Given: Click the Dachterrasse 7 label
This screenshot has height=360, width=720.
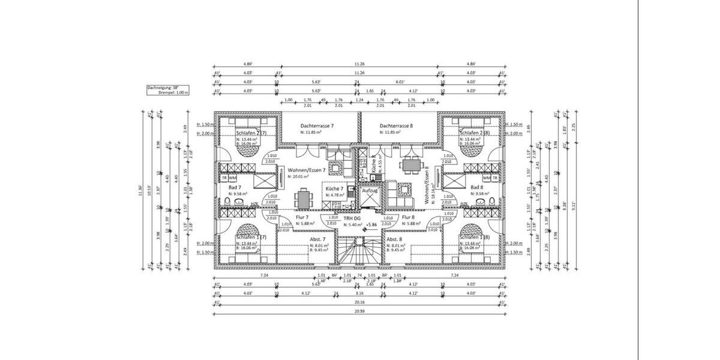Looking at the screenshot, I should pyautogui.click(x=317, y=127).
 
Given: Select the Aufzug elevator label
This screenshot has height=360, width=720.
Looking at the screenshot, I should pyautogui.click(x=370, y=190).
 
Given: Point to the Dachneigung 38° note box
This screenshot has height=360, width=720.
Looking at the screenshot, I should pyautogui.click(x=168, y=90).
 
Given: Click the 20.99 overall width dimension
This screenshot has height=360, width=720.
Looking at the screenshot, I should pyautogui.click(x=359, y=311).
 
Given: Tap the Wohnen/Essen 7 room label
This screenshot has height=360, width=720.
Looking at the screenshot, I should pyautogui.click(x=306, y=170).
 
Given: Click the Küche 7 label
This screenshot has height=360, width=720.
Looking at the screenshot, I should pyautogui.click(x=334, y=188).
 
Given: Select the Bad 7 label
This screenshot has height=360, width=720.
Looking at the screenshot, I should pyautogui.click(x=234, y=188).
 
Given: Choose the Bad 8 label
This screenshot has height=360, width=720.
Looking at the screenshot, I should pyautogui.click(x=477, y=188).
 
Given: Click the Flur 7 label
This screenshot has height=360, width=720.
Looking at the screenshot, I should pyautogui.click(x=302, y=217).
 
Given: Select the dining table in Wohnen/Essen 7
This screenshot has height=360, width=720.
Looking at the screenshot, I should pyautogui.click(x=304, y=197).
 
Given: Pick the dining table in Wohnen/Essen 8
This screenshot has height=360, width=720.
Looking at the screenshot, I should pyautogui.click(x=412, y=164).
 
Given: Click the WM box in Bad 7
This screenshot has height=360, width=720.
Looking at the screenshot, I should pyautogui.click(x=233, y=178).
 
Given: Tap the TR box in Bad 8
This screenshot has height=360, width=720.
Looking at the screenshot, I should pyautogui.click(x=495, y=178).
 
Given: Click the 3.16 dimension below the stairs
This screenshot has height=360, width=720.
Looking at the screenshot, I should pyautogui.click(x=359, y=293).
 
